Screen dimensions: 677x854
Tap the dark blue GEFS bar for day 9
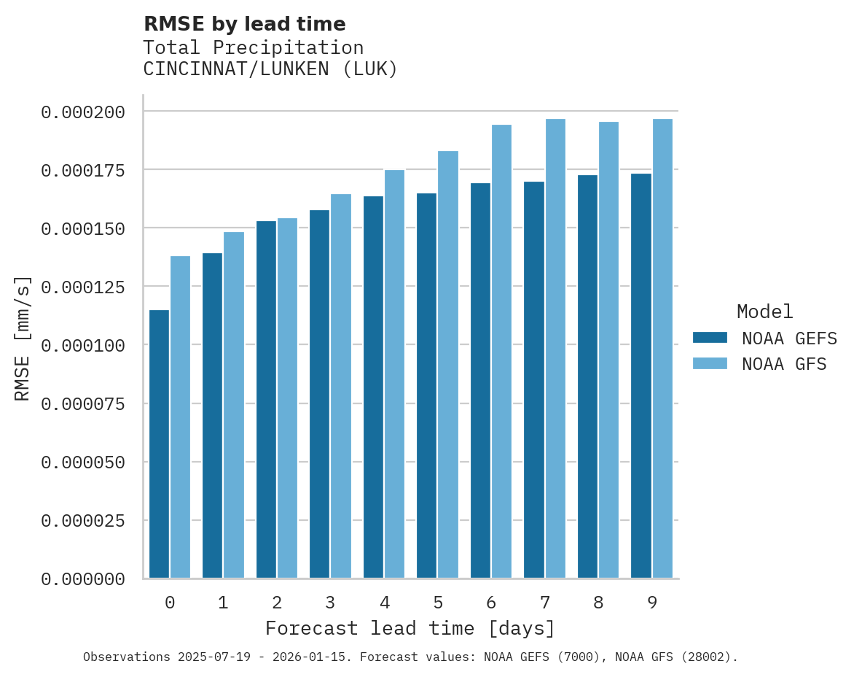[x=641, y=375]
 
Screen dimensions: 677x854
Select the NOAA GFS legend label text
[x=784, y=364]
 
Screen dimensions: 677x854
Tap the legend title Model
[x=764, y=312]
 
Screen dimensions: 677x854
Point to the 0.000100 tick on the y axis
[x=83, y=345]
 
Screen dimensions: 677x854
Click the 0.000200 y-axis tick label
[x=83, y=112]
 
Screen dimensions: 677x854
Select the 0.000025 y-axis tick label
[x=83, y=521]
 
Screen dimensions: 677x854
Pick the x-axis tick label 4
[x=384, y=603]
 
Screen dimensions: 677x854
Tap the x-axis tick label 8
[x=598, y=603]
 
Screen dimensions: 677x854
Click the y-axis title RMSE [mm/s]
[x=23, y=338]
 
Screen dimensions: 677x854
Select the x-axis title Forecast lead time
[x=410, y=629]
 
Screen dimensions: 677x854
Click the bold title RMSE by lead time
[x=244, y=24]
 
